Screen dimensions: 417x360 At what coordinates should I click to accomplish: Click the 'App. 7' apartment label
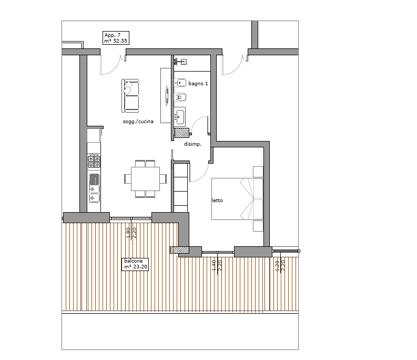point(113,35)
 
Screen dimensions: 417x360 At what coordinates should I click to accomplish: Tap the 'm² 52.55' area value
point(116,41)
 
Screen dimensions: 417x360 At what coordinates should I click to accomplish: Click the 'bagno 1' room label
point(198,84)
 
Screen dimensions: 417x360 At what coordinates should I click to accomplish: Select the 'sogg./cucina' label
point(138,122)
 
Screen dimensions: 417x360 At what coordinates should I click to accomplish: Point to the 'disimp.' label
point(192,144)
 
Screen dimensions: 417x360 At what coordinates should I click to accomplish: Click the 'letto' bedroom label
point(217,201)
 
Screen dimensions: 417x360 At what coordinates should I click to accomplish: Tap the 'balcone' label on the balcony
point(134,261)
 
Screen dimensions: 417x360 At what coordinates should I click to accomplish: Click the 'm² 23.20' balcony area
point(136,266)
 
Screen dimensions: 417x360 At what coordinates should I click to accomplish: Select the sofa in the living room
point(130,96)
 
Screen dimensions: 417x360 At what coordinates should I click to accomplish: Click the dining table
point(145,178)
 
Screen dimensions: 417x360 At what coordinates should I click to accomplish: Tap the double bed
point(237,199)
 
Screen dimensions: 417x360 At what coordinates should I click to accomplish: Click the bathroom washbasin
point(180,117)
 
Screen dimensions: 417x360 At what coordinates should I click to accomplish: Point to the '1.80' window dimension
point(128,233)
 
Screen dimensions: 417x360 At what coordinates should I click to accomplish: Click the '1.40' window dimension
point(214,265)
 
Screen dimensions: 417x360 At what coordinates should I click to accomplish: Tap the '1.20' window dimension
point(277,266)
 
